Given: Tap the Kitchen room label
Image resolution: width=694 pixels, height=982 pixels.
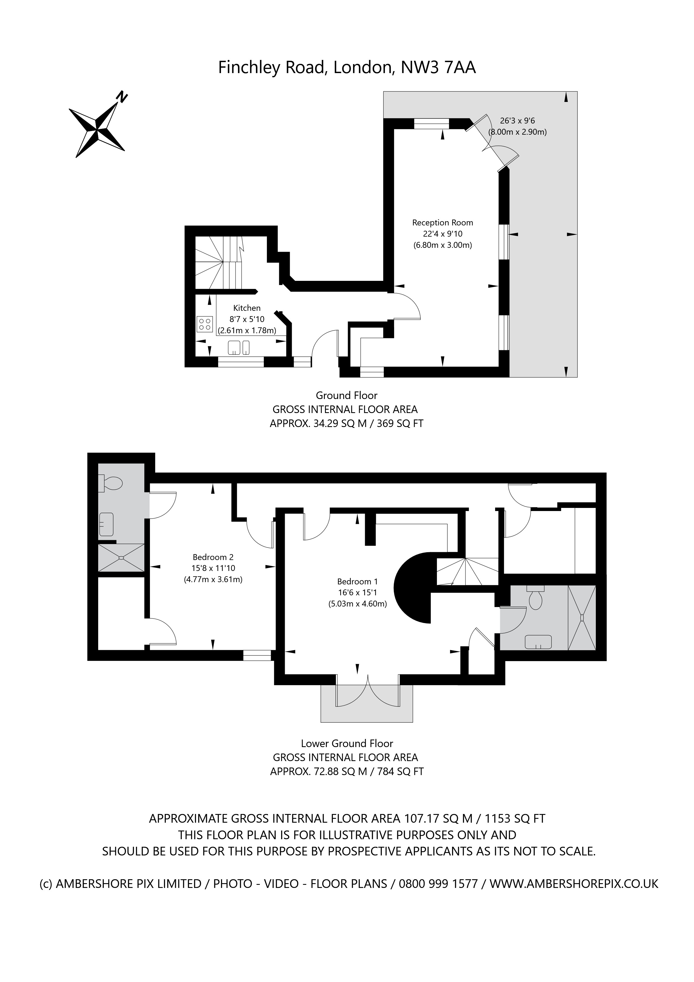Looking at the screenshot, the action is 246,308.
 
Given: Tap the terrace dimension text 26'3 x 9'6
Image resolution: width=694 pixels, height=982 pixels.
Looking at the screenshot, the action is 517,121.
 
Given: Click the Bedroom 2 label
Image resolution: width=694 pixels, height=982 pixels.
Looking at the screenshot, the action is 213,557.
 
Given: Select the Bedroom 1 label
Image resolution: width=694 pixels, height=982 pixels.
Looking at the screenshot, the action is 357,581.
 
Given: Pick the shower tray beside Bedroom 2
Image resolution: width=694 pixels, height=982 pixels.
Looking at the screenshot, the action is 121,557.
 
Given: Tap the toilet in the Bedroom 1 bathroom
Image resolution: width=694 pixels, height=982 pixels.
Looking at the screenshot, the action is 535,598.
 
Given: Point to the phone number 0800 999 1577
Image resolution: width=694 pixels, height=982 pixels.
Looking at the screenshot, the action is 438,884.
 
